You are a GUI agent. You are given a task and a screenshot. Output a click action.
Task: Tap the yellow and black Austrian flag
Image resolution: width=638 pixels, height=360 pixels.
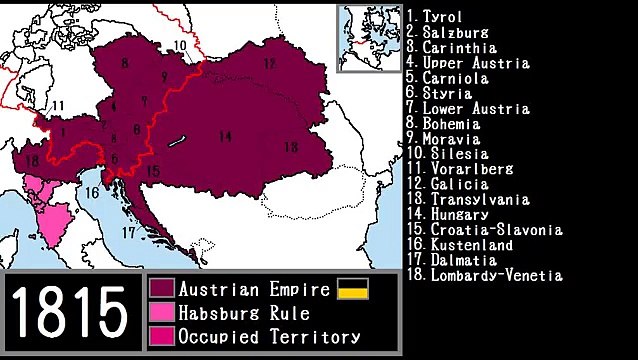point(353,289)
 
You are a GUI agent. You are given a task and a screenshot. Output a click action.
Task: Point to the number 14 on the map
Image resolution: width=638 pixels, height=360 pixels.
point(226,136)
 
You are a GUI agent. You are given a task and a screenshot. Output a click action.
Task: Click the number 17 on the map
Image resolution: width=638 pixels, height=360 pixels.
point(127,231)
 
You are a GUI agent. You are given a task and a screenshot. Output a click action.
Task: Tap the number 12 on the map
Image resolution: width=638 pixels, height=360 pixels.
point(269,63)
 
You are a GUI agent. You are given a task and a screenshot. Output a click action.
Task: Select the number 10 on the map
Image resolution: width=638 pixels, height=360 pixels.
point(179,45)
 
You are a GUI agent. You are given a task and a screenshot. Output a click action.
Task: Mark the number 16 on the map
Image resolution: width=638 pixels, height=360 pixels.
point(92,193)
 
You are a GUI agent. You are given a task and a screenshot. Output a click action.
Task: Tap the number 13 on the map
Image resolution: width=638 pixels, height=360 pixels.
point(290,147)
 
